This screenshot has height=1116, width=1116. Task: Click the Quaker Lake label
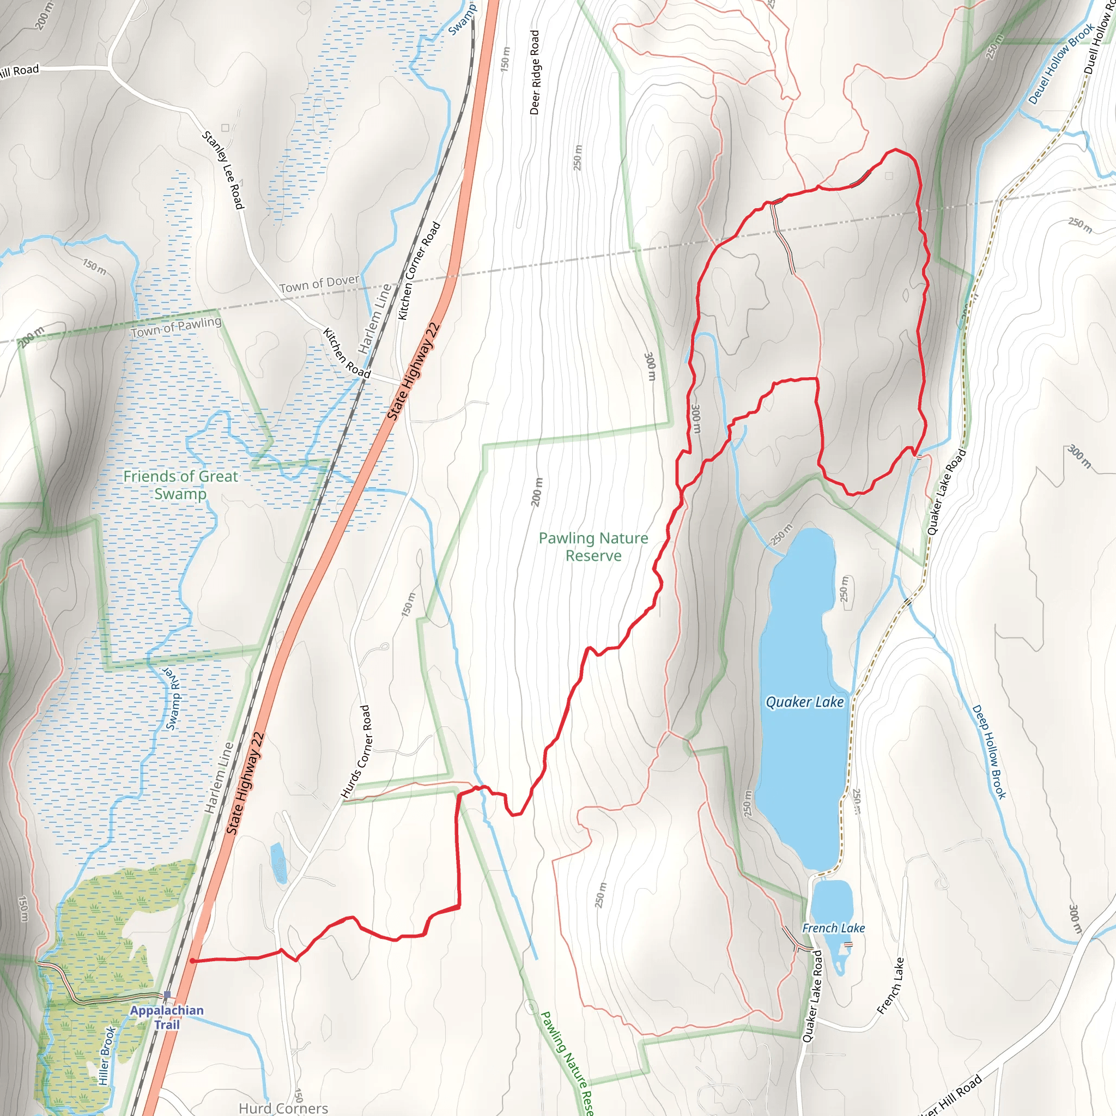(804, 702)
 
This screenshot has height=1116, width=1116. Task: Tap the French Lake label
(833, 927)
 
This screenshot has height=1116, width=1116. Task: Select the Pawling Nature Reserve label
(593, 547)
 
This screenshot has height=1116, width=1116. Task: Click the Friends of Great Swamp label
(180, 484)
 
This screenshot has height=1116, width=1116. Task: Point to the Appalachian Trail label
(166, 1017)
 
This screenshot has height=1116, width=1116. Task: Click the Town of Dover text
(319, 283)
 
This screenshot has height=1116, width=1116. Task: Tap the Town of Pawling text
(175, 327)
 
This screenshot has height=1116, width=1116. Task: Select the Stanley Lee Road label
(223, 170)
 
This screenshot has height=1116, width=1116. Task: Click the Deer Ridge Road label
(535, 72)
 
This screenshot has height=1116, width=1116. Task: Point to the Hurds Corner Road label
(355, 751)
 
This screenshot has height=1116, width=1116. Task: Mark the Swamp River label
(173, 699)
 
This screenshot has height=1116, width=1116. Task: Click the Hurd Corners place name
(283, 1108)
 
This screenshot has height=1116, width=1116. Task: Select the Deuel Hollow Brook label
(1060, 64)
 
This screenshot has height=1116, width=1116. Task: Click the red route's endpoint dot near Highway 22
(192, 961)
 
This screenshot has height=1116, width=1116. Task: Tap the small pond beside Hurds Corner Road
(278, 863)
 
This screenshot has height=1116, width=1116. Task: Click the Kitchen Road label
(346, 353)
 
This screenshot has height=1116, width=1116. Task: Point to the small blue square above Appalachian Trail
(167, 994)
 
